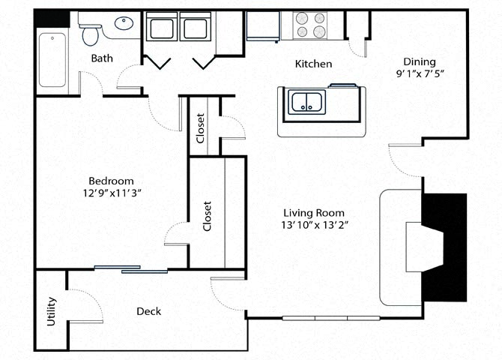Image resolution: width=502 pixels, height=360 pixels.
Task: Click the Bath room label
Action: click(x=102, y=58)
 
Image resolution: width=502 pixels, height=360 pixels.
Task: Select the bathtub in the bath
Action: click(x=52, y=60)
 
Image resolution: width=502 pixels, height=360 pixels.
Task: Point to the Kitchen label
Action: click(x=313, y=64)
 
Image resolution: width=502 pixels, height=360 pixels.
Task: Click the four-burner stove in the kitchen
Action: click(x=311, y=25)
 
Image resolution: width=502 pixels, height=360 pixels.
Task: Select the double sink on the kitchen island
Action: click(x=306, y=103)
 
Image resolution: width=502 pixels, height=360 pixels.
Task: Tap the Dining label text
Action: click(x=419, y=61)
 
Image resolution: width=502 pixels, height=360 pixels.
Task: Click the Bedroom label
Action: click(x=111, y=181)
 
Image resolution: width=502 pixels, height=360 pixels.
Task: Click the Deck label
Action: click(x=148, y=311)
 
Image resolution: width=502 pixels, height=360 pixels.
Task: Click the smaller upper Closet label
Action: click(x=200, y=127)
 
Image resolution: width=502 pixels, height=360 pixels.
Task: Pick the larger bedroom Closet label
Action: click(x=207, y=215)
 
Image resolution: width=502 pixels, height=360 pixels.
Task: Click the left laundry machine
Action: click(x=163, y=28)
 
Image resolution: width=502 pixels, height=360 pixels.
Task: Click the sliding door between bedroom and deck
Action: click(x=131, y=268)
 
